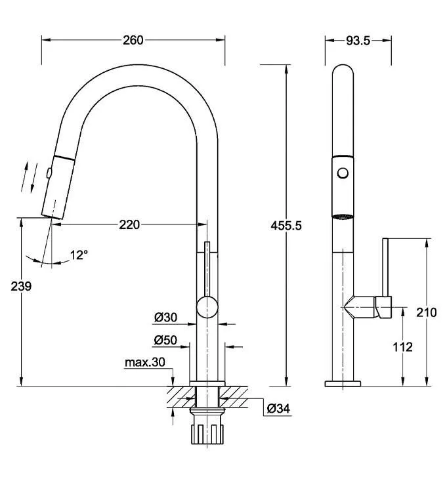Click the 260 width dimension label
tap(133, 40)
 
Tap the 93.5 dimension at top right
tap(358, 41)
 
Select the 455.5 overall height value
tap(286, 226)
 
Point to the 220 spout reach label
tap(129, 225)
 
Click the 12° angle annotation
tap(79, 255)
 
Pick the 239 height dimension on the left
tap(21, 287)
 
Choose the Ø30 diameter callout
tap(165, 318)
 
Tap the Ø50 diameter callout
tap(165, 340)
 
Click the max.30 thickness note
tap(145, 362)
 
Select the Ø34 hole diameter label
tap(278, 408)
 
